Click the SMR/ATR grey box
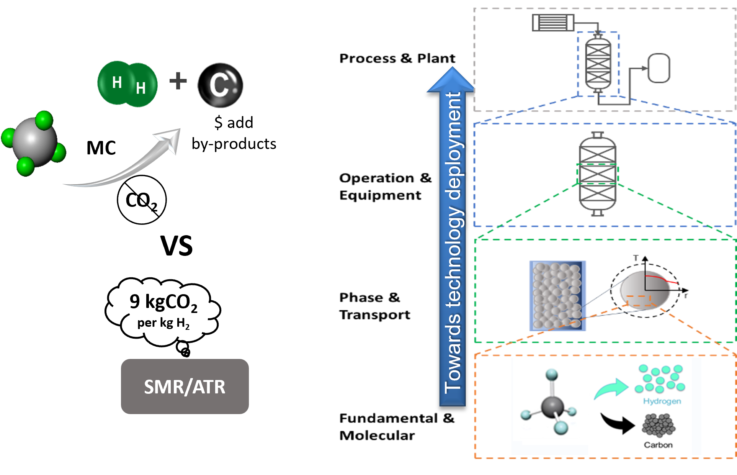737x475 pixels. [185, 386]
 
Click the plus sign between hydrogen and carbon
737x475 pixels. [178, 81]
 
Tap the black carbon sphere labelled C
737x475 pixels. [221, 85]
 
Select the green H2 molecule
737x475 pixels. [127, 84]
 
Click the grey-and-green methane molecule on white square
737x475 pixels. [34, 144]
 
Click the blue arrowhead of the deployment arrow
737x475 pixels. [452, 80]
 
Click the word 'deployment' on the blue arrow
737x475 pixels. [454, 146]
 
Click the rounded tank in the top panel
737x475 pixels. [659, 68]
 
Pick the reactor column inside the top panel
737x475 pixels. [598, 63]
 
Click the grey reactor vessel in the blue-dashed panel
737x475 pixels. [597, 174]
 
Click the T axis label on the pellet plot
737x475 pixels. [636, 258]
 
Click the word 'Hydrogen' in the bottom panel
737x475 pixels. [662, 401]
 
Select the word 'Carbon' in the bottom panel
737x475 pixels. [658, 445]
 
